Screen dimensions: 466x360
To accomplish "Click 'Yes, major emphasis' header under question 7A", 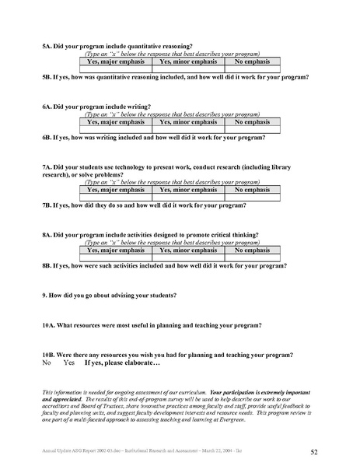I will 115,189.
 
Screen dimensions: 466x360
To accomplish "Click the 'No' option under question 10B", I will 46,363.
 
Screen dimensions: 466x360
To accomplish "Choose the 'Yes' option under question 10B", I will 69,363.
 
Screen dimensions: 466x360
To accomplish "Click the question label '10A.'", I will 50,324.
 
